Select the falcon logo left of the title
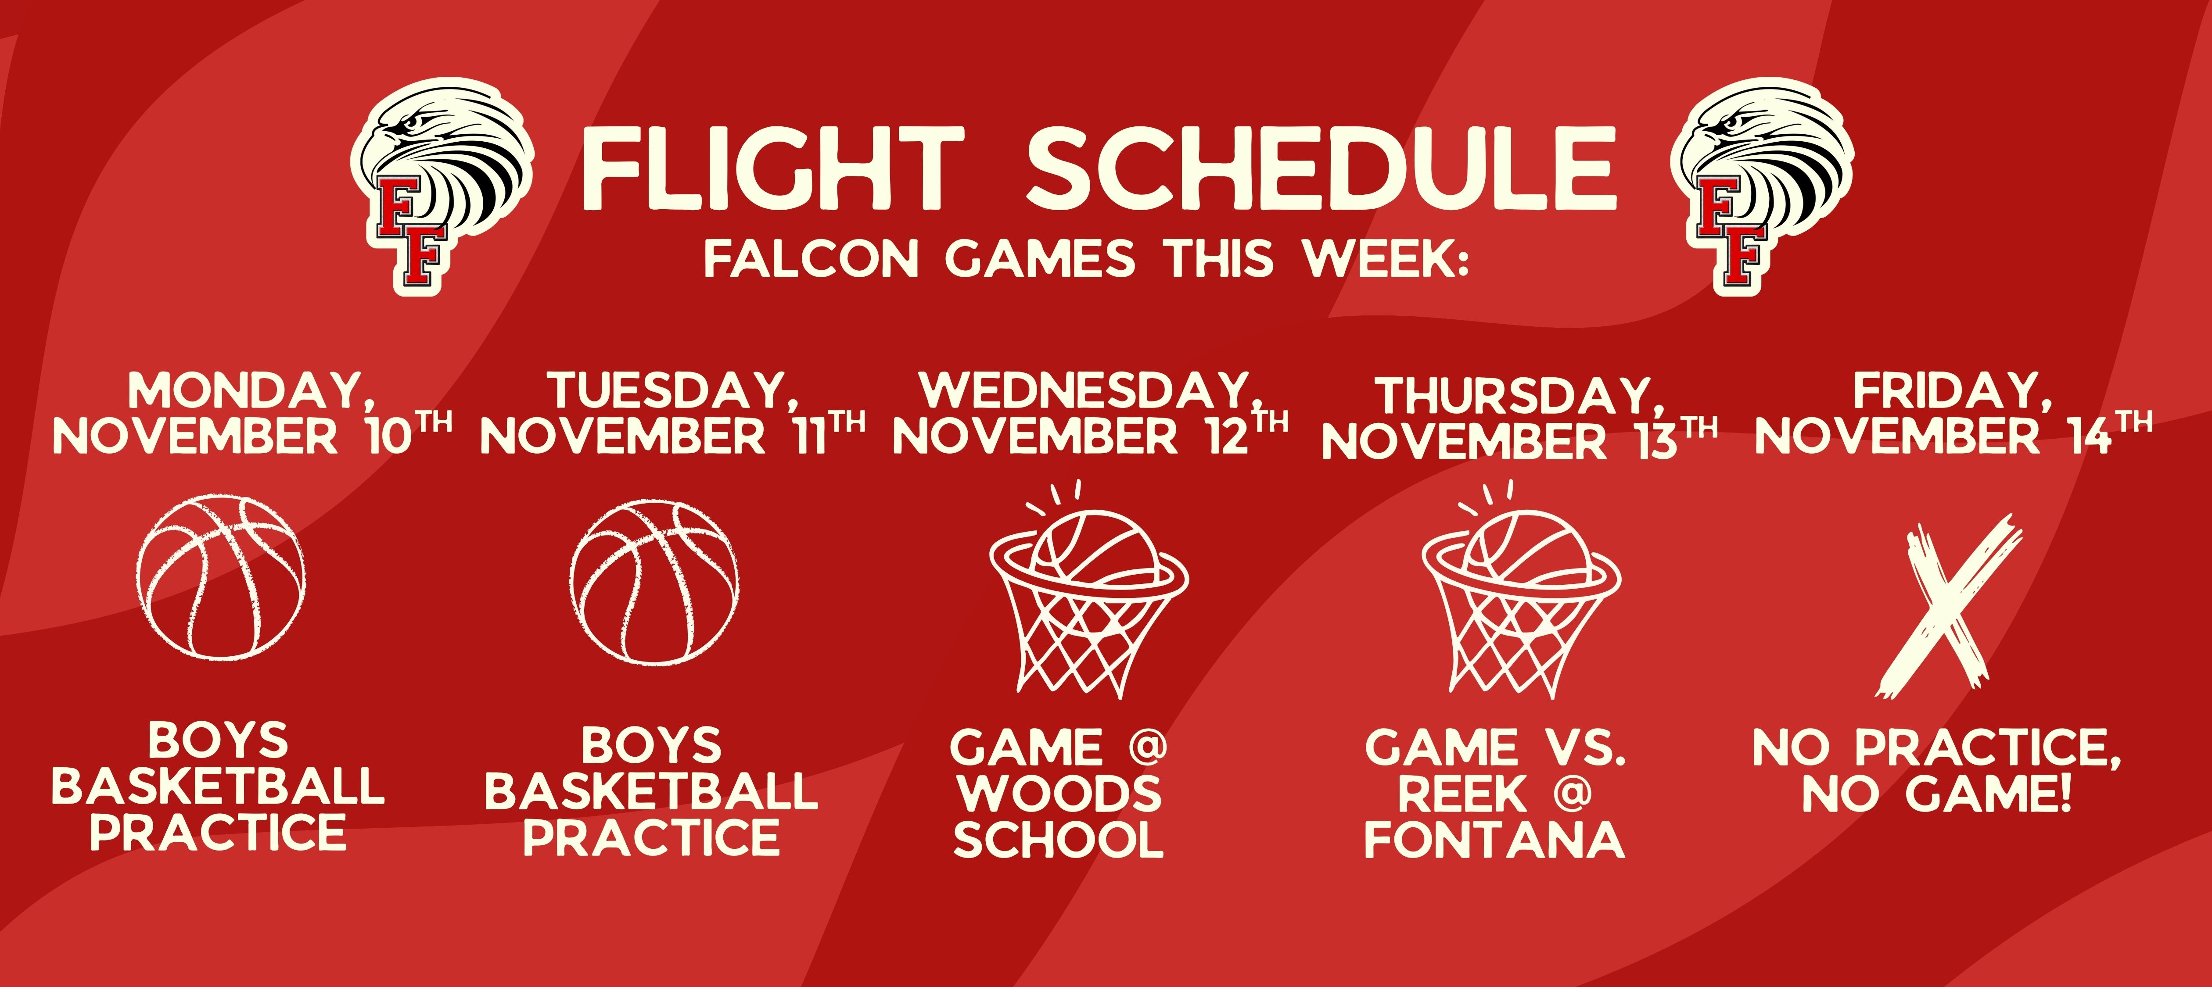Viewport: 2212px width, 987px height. click(441, 185)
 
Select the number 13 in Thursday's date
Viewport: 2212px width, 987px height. click(1655, 441)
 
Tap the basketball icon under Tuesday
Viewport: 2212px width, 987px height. click(654, 581)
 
